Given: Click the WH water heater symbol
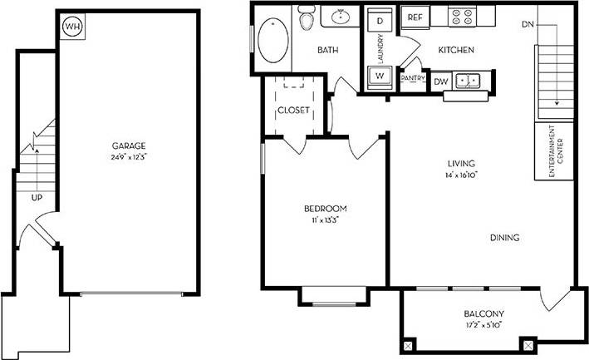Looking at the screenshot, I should click(x=73, y=26).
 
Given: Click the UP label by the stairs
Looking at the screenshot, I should click(x=37, y=199).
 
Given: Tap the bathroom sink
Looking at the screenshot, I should click(x=341, y=16).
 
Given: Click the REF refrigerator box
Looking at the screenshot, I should click(x=415, y=17).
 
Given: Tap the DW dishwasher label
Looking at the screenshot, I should click(x=441, y=81).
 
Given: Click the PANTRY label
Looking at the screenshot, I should click(x=413, y=78).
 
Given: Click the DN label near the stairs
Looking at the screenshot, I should click(x=528, y=24).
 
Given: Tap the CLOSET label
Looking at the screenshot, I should click(x=293, y=111).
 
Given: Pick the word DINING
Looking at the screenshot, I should click(x=504, y=238).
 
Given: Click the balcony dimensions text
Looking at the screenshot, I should click(x=483, y=325).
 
